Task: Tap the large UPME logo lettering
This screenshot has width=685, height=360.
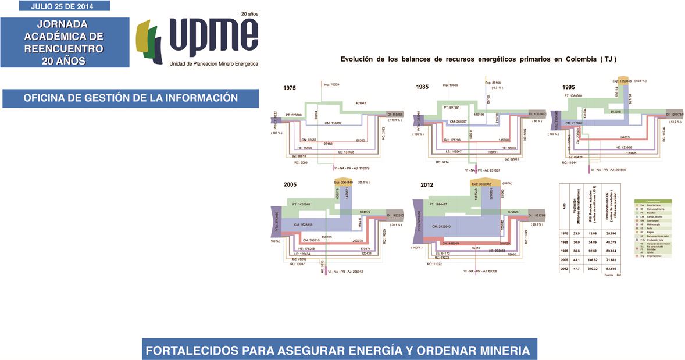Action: point(212,37)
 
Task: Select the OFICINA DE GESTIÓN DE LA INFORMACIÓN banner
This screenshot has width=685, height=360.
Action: point(131,98)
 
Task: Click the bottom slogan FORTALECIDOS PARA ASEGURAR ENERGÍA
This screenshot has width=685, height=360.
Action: point(338,351)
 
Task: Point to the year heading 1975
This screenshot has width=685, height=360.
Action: point(290,88)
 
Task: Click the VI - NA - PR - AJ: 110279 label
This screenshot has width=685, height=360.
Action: point(352,168)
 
